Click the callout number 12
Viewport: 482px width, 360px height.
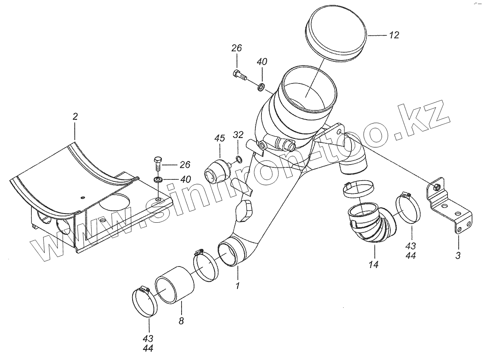click(x=394, y=35)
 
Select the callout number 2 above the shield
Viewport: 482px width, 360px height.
click(x=75, y=117)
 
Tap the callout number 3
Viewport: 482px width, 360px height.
click(x=458, y=256)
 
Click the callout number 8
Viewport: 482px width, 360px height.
click(x=181, y=321)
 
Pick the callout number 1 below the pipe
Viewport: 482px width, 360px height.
click(x=237, y=286)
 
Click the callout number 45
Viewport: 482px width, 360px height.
click(x=219, y=138)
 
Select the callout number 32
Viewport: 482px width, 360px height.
click(x=238, y=134)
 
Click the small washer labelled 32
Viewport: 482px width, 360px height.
click(x=238, y=160)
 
